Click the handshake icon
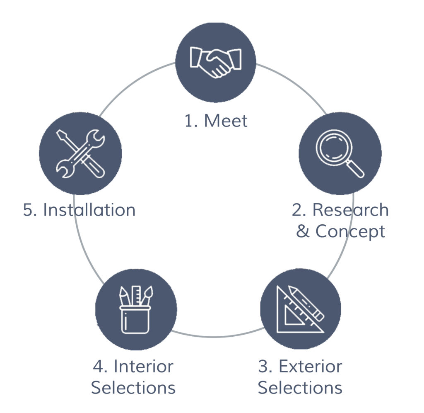coord(215,63)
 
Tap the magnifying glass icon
coord(340,153)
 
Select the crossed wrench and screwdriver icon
coord(80,153)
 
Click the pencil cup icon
coord(136,309)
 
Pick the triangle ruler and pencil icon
coord(300,309)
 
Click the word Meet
coord(226,121)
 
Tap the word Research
coord(350,210)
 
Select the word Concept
coord(350,232)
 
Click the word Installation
coord(89,210)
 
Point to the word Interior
coord(144,367)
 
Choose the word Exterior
coord(311,367)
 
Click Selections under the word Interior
coord(133,388)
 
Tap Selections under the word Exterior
coord(300,388)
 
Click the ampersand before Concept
coord(303,231)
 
